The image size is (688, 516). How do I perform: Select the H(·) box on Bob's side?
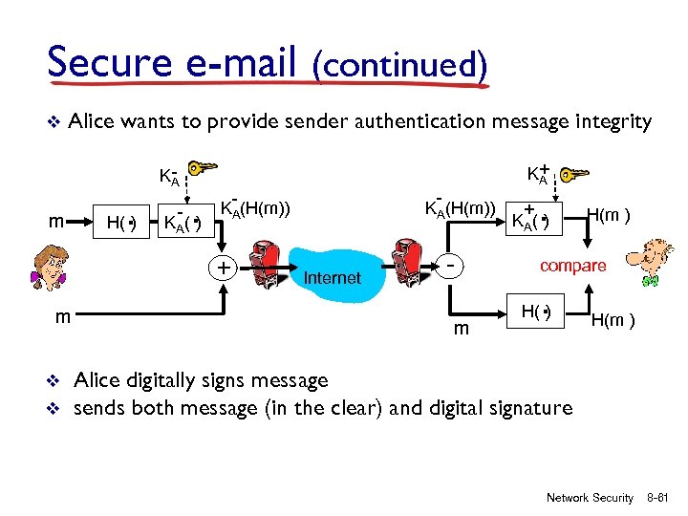(538, 312)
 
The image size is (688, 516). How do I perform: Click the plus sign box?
(223, 267)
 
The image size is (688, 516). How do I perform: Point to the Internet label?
(332, 278)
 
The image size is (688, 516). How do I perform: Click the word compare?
(572, 266)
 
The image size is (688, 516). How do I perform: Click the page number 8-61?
(660, 498)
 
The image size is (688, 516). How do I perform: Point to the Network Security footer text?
(590, 498)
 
